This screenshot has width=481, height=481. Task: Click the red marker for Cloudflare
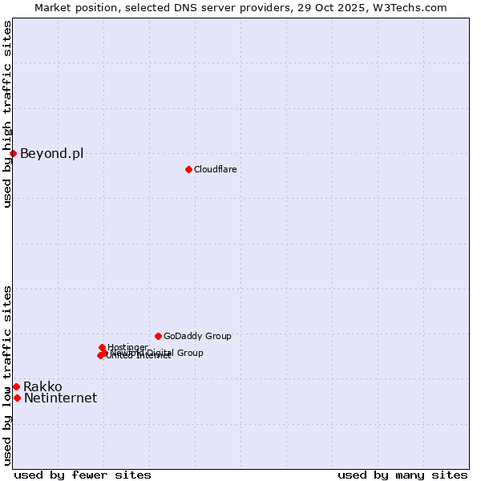(188, 169)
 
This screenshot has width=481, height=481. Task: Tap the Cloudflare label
(215, 169)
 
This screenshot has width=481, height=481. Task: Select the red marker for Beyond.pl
(14, 153)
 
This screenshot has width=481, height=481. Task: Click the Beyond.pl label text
(51, 154)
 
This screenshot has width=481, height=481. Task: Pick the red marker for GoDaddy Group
(158, 336)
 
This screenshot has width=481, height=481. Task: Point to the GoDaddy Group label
(197, 337)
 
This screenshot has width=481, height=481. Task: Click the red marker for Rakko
(16, 386)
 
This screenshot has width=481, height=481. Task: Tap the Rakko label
(42, 387)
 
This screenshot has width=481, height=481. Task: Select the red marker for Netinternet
(17, 398)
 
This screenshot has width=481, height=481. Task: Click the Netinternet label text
(60, 398)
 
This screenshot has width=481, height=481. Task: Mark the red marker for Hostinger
(102, 347)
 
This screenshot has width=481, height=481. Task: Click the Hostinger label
(127, 347)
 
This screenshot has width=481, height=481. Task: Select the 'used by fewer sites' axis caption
(83, 475)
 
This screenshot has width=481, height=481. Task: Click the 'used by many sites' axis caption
(402, 475)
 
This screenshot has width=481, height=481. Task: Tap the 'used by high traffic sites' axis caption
(7, 114)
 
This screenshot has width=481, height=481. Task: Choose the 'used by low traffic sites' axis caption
(7, 375)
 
